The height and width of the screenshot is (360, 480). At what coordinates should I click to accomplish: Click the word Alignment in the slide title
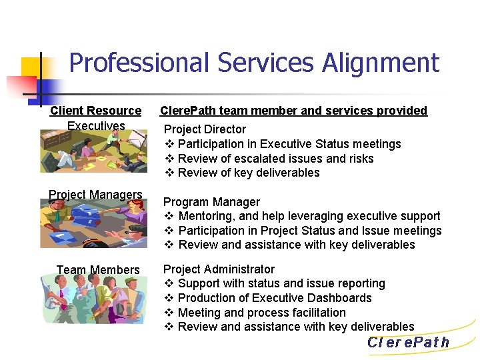(x=381, y=63)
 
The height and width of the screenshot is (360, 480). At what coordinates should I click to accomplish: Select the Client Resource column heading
(x=95, y=111)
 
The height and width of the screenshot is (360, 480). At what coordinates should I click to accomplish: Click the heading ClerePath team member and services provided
(x=293, y=111)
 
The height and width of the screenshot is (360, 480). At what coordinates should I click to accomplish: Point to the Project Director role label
(x=205, y=129)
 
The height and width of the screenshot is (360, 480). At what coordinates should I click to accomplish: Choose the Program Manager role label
(x=211, y=202)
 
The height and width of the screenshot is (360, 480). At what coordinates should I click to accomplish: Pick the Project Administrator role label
(x=219, y=269)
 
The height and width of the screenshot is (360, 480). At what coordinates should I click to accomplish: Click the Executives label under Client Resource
(x=96, y=126)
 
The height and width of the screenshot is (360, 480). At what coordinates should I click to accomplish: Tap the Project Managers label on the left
(x=95, y=195)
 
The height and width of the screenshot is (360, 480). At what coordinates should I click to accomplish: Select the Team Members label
(x=98, y=270)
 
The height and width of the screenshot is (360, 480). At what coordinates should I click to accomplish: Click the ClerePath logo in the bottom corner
(x=408, y=343)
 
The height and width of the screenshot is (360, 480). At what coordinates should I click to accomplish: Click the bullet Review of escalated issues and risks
(x=275, y=159)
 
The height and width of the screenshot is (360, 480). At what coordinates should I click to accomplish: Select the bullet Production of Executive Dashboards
(x=275, y=298)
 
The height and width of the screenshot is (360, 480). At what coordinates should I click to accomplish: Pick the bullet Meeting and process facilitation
(x=262, y=313)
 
